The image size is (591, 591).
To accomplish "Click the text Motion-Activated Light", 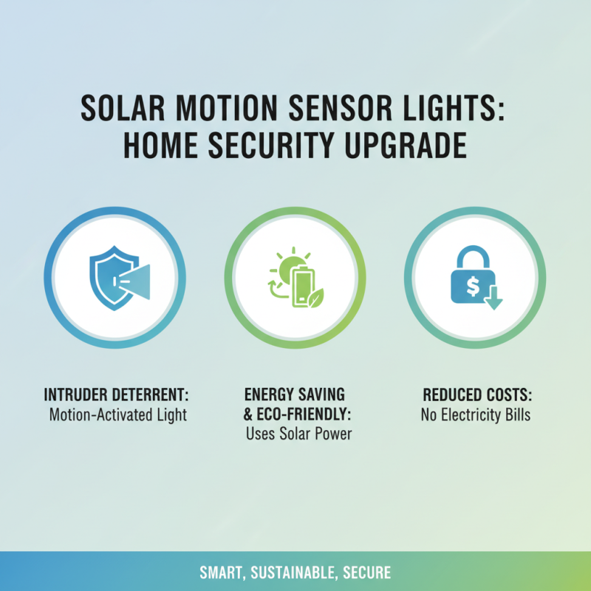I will coord(118,414).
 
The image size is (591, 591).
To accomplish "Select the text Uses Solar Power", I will coord(298,434).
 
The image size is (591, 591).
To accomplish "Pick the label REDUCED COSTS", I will coord(475,394).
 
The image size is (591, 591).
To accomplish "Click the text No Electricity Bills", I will coord(475,414).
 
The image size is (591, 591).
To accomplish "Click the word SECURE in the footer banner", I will coord(365,573).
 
